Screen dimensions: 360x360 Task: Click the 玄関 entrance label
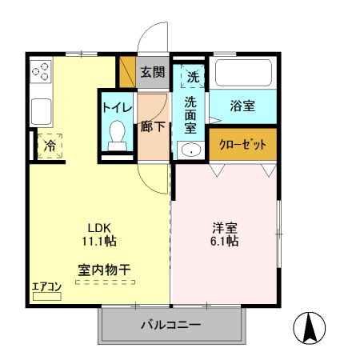(x=153, y=72)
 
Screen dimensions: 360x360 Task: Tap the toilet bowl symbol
(x=118, y=132)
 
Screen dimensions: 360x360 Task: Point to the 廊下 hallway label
(x=153, y=126)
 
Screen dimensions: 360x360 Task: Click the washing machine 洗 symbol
(x=192, y=77)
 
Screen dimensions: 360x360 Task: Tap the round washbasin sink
(x=190, y=150)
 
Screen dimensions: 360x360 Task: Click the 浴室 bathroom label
(x=242, y=106)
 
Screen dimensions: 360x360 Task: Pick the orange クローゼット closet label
(x=243, y=145)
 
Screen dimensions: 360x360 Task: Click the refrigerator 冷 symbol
(x=50, y=146)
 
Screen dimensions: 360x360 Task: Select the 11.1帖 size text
(x=99, y=240)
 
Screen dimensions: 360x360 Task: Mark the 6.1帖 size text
(x=224, y=240)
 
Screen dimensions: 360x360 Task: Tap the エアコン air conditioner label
(x=46, y=286)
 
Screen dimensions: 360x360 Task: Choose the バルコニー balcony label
(x=171, y=325)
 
